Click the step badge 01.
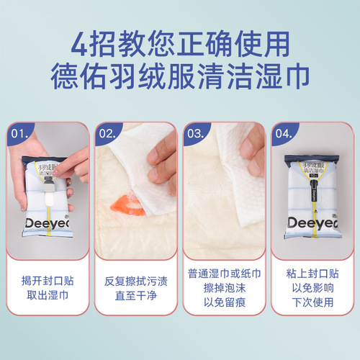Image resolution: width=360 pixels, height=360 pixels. (20, 134)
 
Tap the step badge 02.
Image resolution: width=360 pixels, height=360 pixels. (109, 134)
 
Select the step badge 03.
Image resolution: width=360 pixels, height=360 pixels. (197, 134)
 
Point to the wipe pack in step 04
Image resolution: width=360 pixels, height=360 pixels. (312, 194)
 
